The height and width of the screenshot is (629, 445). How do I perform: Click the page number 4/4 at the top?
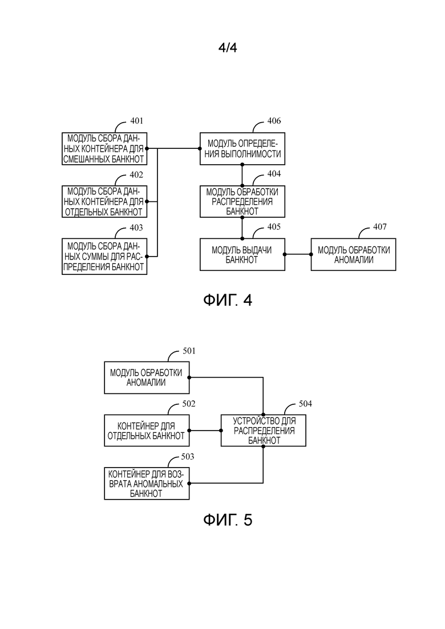tap(227, 48)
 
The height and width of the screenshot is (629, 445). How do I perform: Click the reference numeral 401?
tap(136, 121)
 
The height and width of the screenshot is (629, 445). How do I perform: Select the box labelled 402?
tap(104, 201)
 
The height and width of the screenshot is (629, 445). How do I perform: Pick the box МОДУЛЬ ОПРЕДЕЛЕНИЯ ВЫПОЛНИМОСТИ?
tap(242, 148)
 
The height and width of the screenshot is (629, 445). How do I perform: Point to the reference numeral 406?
tap(274, 121)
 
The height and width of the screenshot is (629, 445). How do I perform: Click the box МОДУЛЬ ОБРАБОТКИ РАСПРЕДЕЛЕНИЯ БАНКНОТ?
tap(242, 201)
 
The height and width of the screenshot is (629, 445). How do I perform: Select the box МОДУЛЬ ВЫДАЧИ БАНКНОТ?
tap(242, 254)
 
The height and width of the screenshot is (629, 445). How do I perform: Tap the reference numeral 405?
tap(274, 227)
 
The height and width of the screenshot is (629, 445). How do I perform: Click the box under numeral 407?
tap(353, 254)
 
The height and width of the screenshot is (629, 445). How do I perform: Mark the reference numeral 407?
tap(379, 227)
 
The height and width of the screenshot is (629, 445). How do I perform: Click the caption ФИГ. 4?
tap(227, 301)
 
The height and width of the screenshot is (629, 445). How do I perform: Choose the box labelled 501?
tap(147, 377)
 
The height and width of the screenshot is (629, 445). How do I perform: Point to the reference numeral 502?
tap(189, 404)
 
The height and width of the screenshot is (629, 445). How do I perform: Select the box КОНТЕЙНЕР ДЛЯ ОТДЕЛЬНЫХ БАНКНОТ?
tap(147, 431)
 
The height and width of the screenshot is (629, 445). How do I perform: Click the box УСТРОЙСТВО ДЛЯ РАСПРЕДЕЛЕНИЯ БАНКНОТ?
tap(264, 431)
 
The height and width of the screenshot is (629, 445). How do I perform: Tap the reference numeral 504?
tap(306, 404)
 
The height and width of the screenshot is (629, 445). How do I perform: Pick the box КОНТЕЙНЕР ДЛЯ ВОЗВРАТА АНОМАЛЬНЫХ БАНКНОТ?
tap(147, 484)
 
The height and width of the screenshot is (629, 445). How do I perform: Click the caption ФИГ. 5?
tap(227, 520)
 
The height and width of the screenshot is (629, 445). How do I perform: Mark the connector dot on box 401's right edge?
tap(147, 148)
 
